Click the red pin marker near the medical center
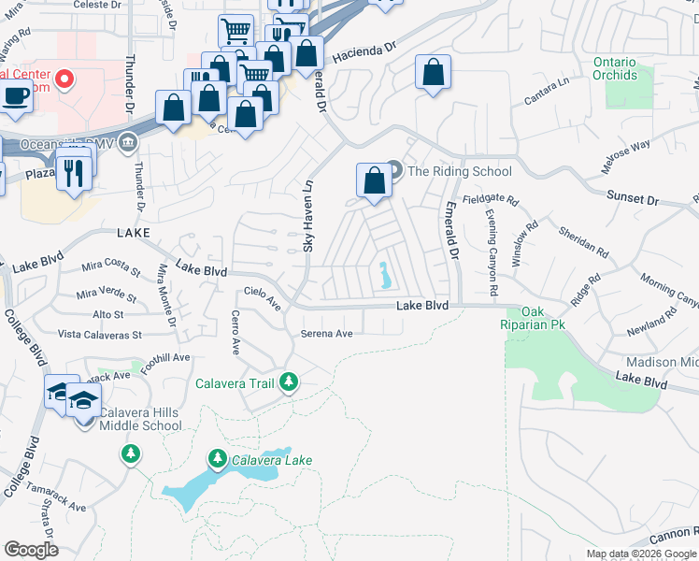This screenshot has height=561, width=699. point(64,79)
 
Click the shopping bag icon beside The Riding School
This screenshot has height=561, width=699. point(374,180)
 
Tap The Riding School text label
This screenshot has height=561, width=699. point(460,171)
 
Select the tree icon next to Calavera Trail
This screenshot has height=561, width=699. point(289,381)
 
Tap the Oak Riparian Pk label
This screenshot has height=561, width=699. point(533,319)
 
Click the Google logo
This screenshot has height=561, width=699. point(31,550)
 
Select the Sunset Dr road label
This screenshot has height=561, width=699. point(633,199)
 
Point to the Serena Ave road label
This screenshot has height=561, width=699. point(326,334)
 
